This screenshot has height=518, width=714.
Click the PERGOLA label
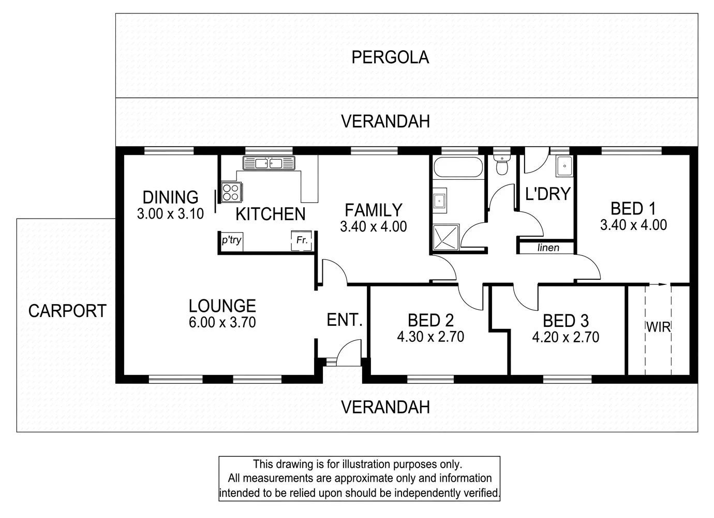pyautogui.click(x=390, y=57)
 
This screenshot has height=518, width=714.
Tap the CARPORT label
pyautogui.click(x=67, y=311)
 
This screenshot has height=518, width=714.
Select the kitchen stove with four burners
pyautogui.click(x=230, y=192)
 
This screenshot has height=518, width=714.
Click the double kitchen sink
pyautogui.click(x=268, y=163)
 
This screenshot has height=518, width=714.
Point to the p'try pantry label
pyautogui.click(x=231, y=240)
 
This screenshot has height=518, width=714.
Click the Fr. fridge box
pyautogui.click(x=302, y=241)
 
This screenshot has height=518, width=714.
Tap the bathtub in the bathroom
pyautogui.click(x=458, y=167)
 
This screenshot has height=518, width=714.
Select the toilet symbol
pyautogui.click(x=501, y=165)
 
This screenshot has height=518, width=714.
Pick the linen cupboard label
pyautogui.click(x=548, y=248)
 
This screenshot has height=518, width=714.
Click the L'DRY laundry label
pyautogui.click(x=547, y=194)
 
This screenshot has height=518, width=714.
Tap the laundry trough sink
pyautogui.click(x=563, y=167)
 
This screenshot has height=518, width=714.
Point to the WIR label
pyautogui.click(x=658, y=327)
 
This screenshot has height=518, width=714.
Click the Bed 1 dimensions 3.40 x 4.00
pyautogui.click(x=633, y=225)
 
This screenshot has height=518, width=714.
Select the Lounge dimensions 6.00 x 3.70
pyautogui.click(x=222, y=322)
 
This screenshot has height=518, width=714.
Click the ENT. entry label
pyautogui.click(x=345, y=320)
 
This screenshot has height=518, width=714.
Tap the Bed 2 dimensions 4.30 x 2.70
pyautogui.click(x=430, y=337)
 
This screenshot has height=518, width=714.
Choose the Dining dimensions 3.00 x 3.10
pyautogui.click(x=170, y=213)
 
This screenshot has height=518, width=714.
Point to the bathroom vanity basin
pyautogui.click(x=440, y=200)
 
